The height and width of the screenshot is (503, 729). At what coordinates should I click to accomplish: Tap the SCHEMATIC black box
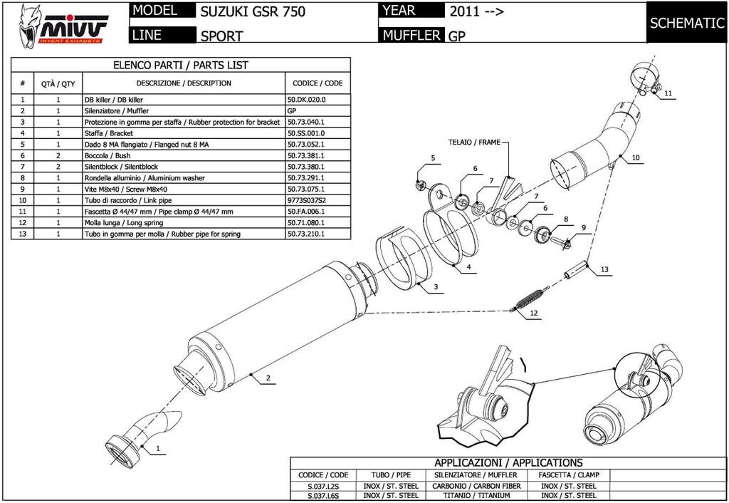[x=686, y=23]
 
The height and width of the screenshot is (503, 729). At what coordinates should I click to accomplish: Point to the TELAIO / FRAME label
[x=474, y=142]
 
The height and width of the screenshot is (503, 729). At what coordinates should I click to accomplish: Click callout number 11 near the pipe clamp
[x=667, y=93]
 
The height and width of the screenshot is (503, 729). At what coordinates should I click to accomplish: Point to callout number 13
[x=604, y=269]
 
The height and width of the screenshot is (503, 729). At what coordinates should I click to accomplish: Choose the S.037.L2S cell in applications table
[x=323, y=486]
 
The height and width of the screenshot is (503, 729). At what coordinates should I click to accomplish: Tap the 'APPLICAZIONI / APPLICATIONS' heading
[x=508, y=462]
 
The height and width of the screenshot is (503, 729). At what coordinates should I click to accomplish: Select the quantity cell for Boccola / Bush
[x=58, y=155]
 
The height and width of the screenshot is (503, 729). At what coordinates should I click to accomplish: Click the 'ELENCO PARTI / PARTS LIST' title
[x=181, y=65]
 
